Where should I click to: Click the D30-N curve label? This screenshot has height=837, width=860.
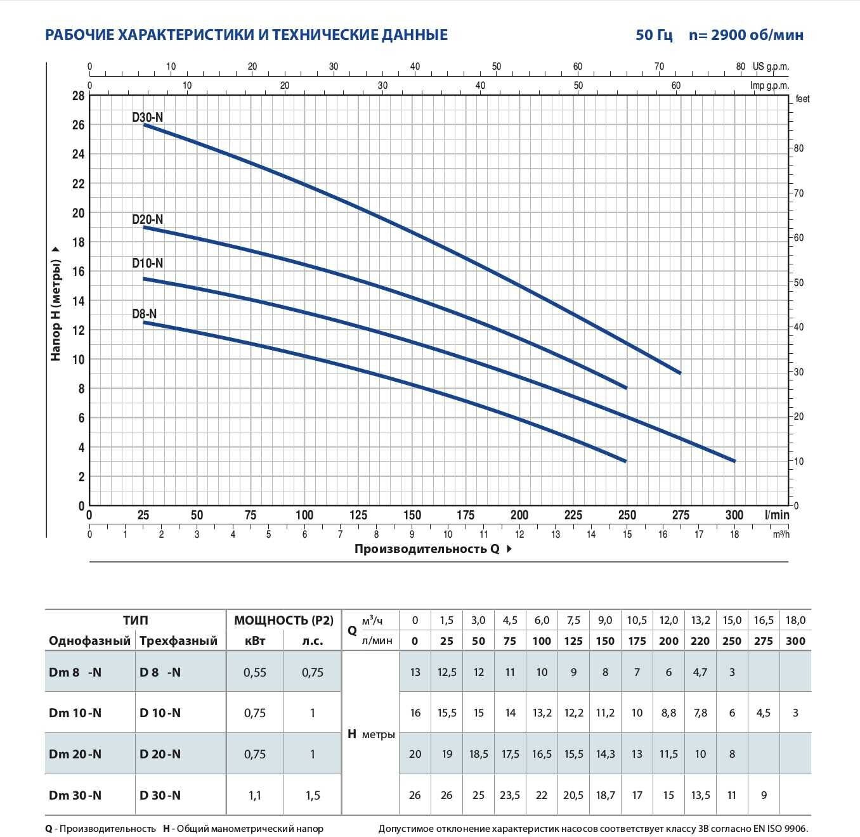click(148, 117)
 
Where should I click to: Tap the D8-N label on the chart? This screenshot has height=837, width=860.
click(145, 314)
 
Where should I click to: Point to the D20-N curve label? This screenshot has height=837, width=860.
click(148, 219)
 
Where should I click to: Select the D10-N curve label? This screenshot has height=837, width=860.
click(148, 263)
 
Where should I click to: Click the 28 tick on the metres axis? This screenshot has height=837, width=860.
click(78, 96)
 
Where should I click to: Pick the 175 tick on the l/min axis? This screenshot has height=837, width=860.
click(466, 515)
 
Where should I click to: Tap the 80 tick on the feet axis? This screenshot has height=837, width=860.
click(798, 148)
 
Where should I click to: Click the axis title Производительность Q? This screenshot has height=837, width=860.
click(427, 549)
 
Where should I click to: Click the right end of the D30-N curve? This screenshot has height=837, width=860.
click(680, 373)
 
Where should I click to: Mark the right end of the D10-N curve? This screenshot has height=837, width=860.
click(734, 461)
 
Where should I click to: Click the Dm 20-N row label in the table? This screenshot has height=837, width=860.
click(75, 754)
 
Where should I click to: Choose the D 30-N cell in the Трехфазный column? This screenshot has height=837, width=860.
click(160, 795)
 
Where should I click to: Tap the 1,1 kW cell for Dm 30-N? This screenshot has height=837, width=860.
click(254, 795)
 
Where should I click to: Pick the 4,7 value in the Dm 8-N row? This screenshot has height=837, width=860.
click(700, 672)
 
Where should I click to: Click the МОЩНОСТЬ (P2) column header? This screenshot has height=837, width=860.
click(283, 620)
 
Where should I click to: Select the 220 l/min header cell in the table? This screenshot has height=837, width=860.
click(700, 640)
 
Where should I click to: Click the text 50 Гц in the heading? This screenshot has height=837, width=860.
click(654, 35)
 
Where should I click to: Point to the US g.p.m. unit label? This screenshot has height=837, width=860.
click(771, 67)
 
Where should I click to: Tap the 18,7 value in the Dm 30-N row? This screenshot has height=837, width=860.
click(605, 795)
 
